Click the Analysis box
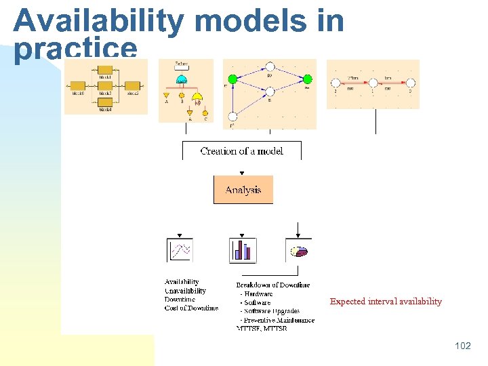243,190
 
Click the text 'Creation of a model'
241,151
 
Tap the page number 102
462,346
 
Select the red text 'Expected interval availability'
386,302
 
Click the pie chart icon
298,251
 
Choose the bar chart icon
243,250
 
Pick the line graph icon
180,250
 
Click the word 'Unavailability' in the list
185,291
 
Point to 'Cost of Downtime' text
191,308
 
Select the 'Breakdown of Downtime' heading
272,285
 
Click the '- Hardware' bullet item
256,294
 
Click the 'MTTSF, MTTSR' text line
262,329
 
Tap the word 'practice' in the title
75,49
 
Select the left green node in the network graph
233,79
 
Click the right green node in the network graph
307,79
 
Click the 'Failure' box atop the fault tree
182,65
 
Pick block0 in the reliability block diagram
78,85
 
